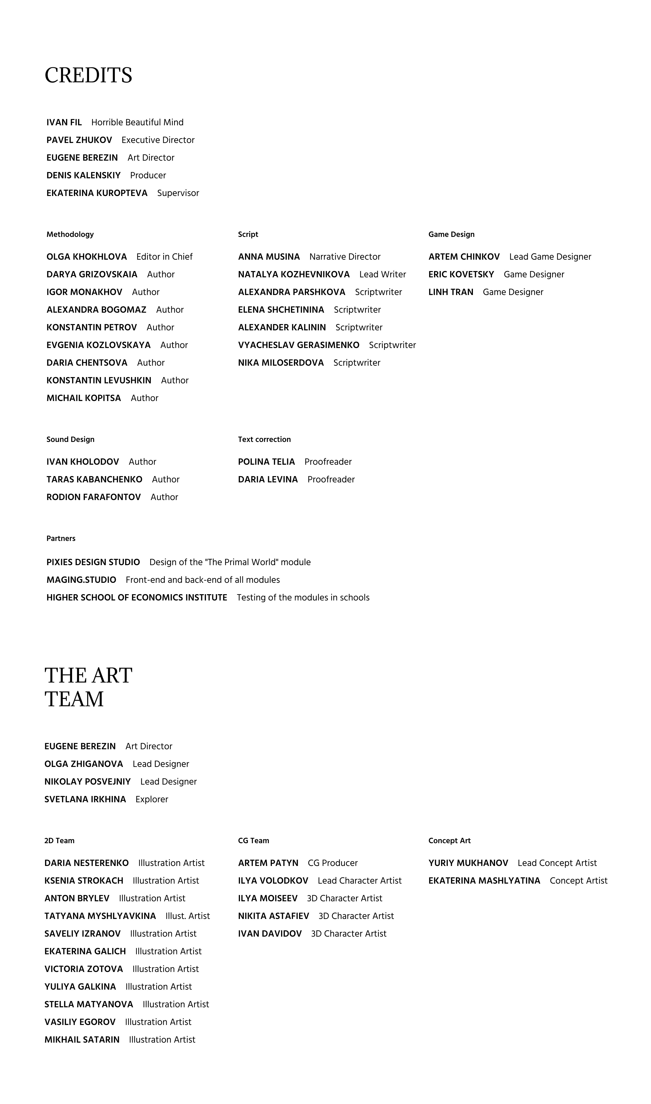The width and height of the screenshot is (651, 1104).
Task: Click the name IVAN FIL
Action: pos(64,122)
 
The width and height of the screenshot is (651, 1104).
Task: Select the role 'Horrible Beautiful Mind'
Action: pos(137,122)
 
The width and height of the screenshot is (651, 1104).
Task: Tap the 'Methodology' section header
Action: pos(70,234)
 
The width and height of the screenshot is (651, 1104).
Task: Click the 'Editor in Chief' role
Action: pos(165,257)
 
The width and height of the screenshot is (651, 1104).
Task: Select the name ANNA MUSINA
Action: pos(269,257)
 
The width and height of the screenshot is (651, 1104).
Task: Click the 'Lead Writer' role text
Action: pos(382,274)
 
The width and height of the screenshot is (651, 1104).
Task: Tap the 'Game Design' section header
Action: pos(452,234)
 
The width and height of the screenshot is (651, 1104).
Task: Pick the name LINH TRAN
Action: pos(451,292)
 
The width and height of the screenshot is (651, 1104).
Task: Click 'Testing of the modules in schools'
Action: pos(303,597)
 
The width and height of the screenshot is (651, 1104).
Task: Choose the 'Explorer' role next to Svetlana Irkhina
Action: pos(152,799)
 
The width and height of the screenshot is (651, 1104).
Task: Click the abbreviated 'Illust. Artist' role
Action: pos(188,916)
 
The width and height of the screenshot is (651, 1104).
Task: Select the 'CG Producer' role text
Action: pos(332,863)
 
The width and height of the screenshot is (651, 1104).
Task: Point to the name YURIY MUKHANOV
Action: pos(468,863)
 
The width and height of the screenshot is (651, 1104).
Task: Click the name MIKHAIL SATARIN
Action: pos(82,1040)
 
